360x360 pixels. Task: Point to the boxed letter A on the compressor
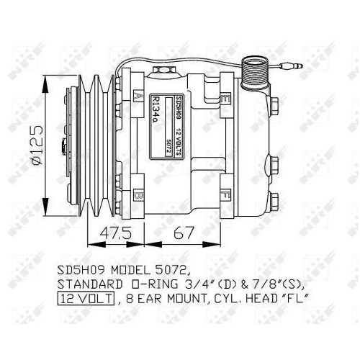coord(138,94)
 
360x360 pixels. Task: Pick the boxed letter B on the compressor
coord(138,195)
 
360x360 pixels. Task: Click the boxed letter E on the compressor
coord(225,98)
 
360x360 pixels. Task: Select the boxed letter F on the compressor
coord(225,195)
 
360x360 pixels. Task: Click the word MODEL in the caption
coord(129,270)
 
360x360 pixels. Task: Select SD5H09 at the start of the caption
coord(80,270)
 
